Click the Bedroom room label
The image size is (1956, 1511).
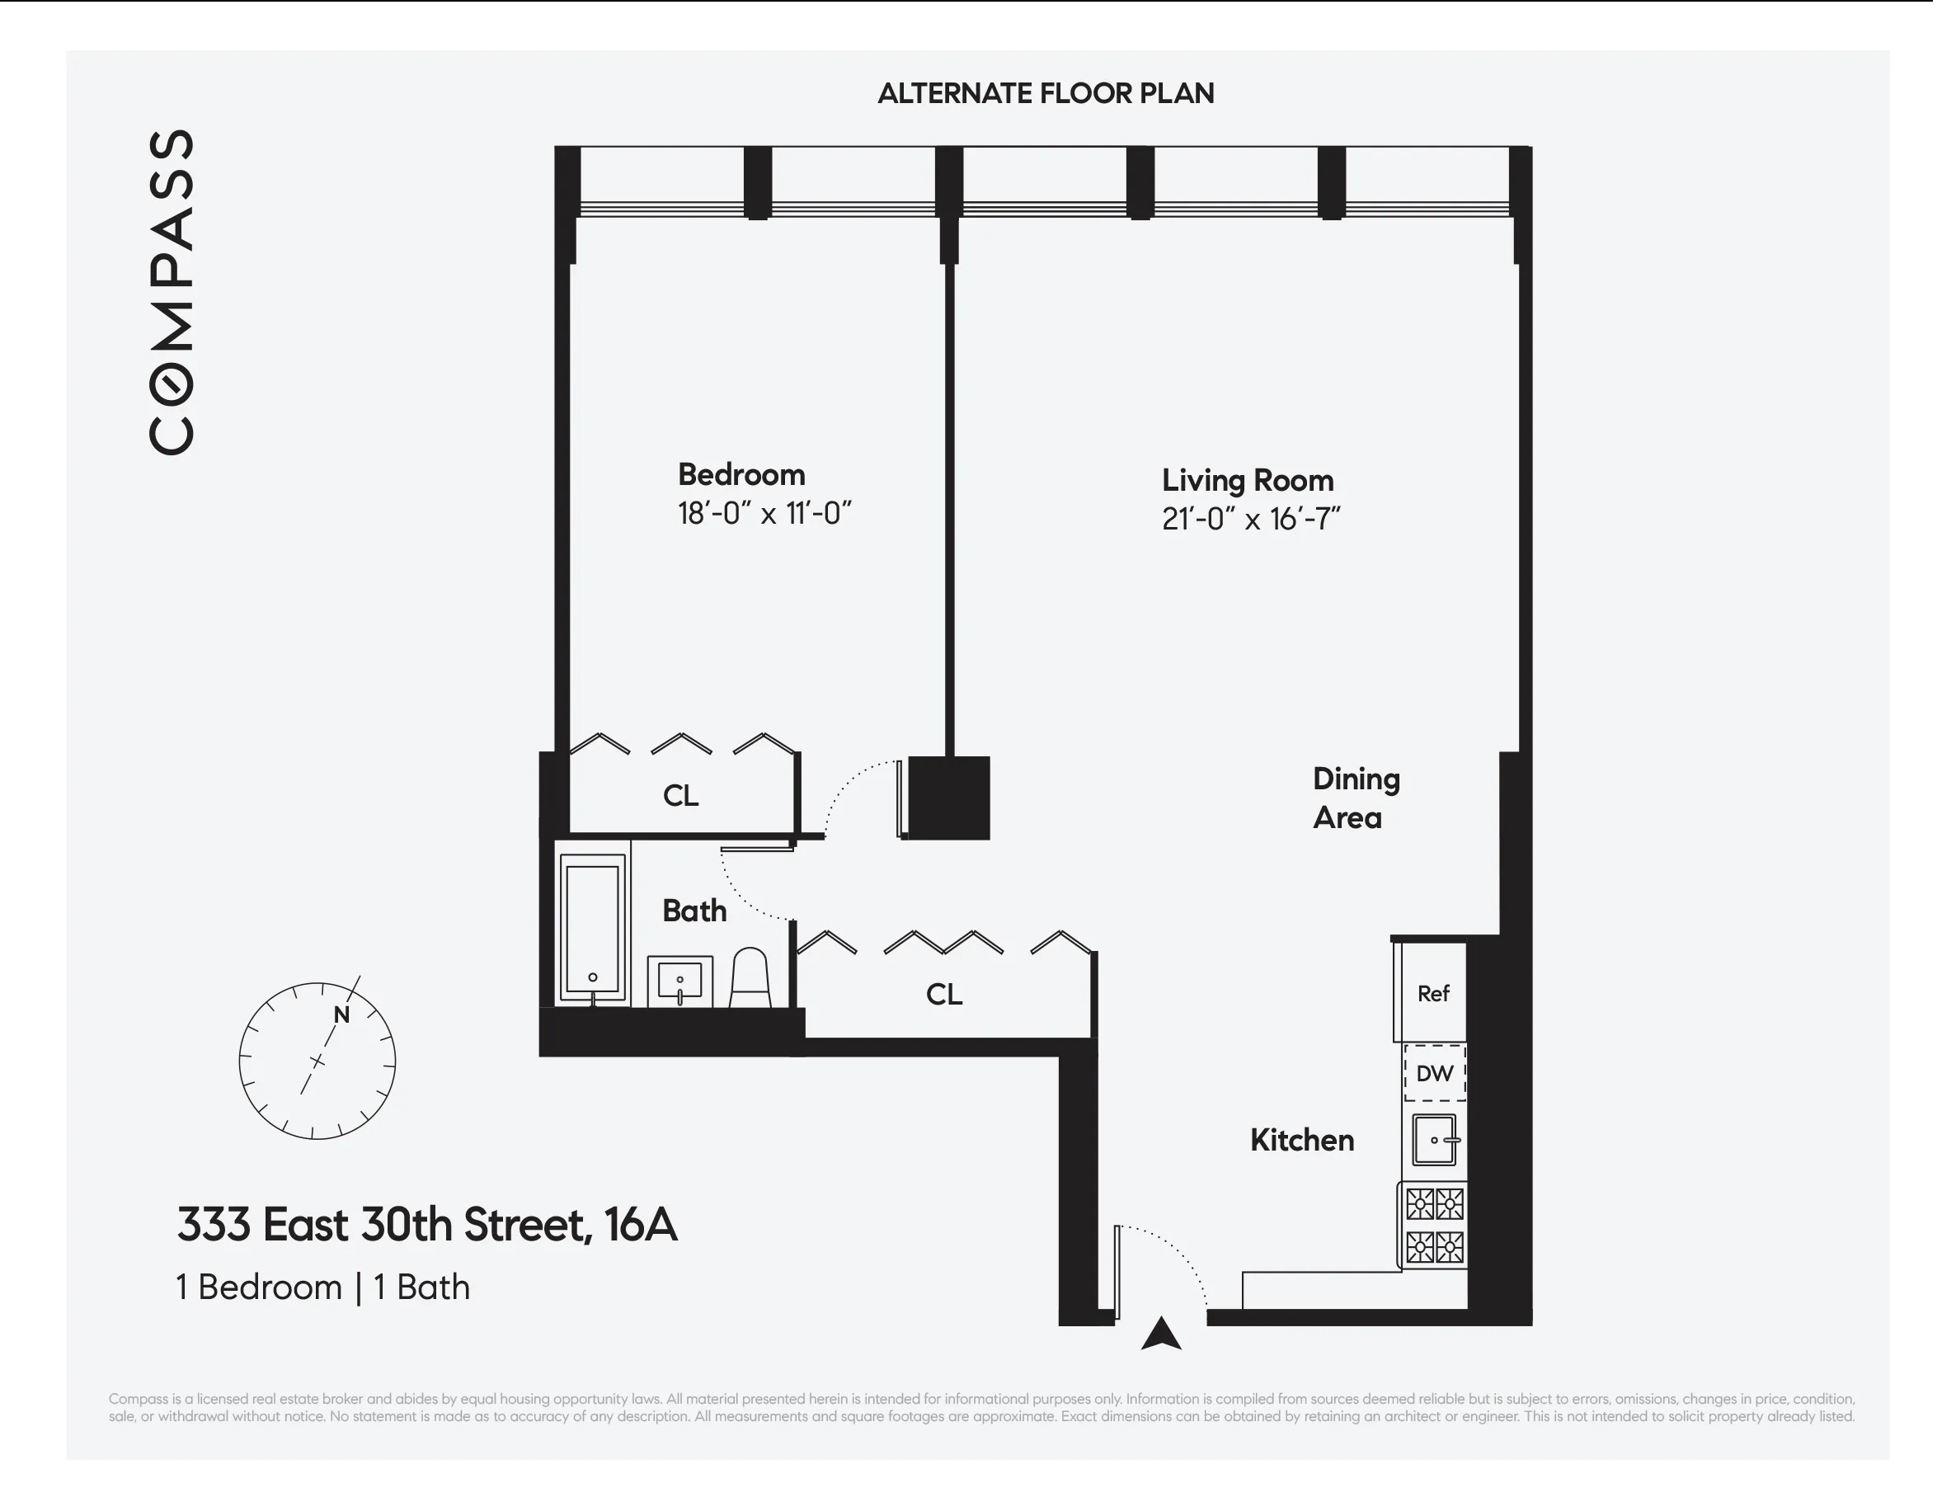tap(741, 475)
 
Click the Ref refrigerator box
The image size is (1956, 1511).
tap(1432, 992)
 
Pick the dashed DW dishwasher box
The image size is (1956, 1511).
tap(1434, 1073)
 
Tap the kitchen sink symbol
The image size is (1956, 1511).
tap(1434, 1139)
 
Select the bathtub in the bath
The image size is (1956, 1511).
tap(592, 929)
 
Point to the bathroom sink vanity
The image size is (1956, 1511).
tap(679, 981)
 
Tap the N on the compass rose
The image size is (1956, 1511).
tap(341, 1014)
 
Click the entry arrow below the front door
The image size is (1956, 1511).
tap(1161, 1334)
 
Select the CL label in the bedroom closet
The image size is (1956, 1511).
tap(680, 795)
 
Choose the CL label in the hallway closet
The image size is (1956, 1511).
tap(944, 994)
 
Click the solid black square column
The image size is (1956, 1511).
tap(948, 798)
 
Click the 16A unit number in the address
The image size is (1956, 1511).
tap(641, 1224)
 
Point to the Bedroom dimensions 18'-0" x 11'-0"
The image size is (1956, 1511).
tap(764, 514)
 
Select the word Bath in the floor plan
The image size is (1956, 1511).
tap(694, 911)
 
